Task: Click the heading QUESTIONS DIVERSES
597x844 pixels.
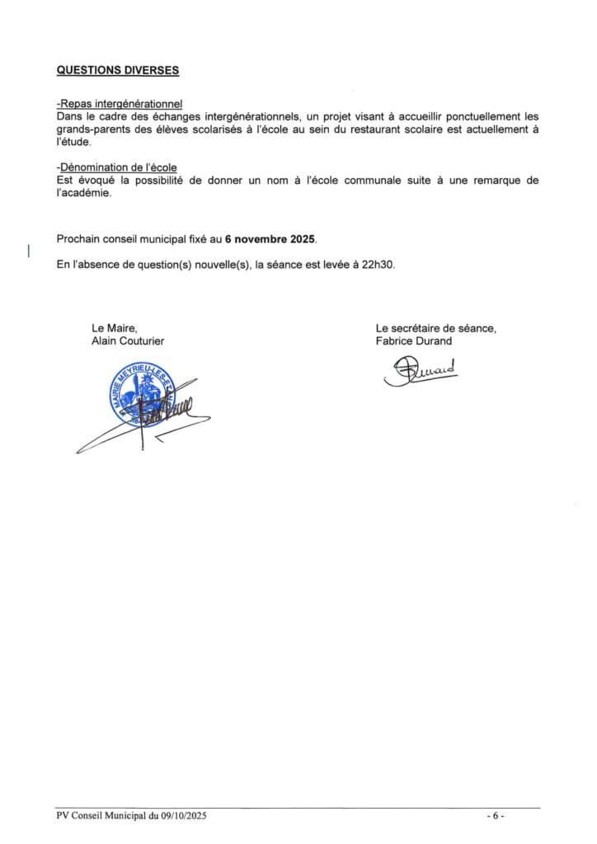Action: pos(118,70)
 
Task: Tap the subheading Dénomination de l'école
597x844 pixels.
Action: pos(116,168)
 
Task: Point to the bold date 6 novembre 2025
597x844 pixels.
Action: pos(270,239)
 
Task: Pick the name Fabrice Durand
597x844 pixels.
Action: pos(414,341)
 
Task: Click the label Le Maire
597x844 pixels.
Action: pos(115,329)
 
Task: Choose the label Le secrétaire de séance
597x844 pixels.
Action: pos(435,329)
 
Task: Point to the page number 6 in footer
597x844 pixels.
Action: pos(495,816)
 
